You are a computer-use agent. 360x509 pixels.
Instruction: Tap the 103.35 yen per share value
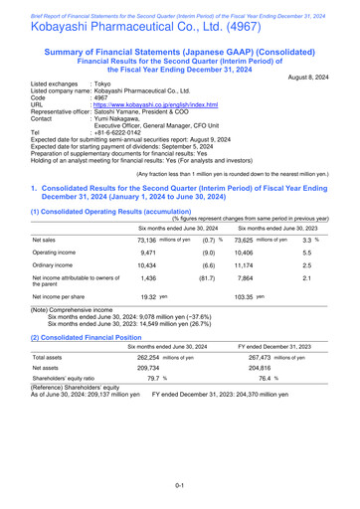point(264,353)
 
